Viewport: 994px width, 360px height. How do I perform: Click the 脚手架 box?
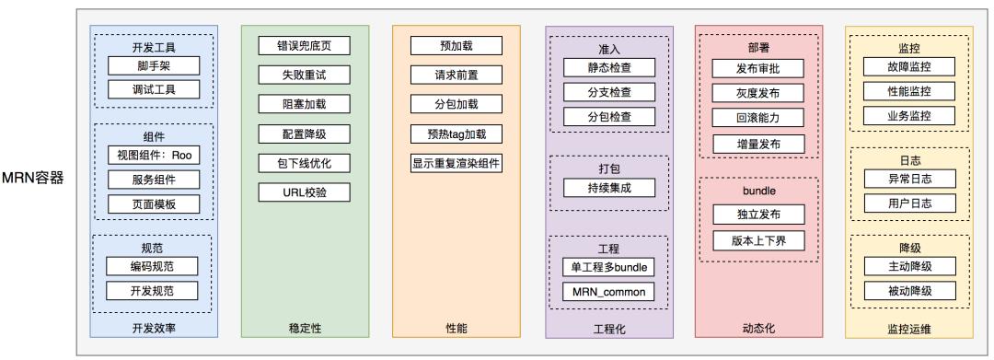tap(153, 65)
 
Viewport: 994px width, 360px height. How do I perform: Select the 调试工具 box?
tap(153, 89)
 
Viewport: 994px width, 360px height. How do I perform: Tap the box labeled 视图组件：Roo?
tap(153, 156)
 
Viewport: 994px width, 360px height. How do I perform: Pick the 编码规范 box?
tap(153, 266)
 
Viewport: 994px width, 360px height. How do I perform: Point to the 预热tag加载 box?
tap(457, 134)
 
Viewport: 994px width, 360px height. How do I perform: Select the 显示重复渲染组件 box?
tap(457, 163)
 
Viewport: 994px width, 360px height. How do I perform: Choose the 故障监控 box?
tap(909, 66)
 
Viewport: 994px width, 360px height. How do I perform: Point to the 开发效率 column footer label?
tap(153, 327)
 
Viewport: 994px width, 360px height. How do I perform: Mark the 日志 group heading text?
tap(909, 157)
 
